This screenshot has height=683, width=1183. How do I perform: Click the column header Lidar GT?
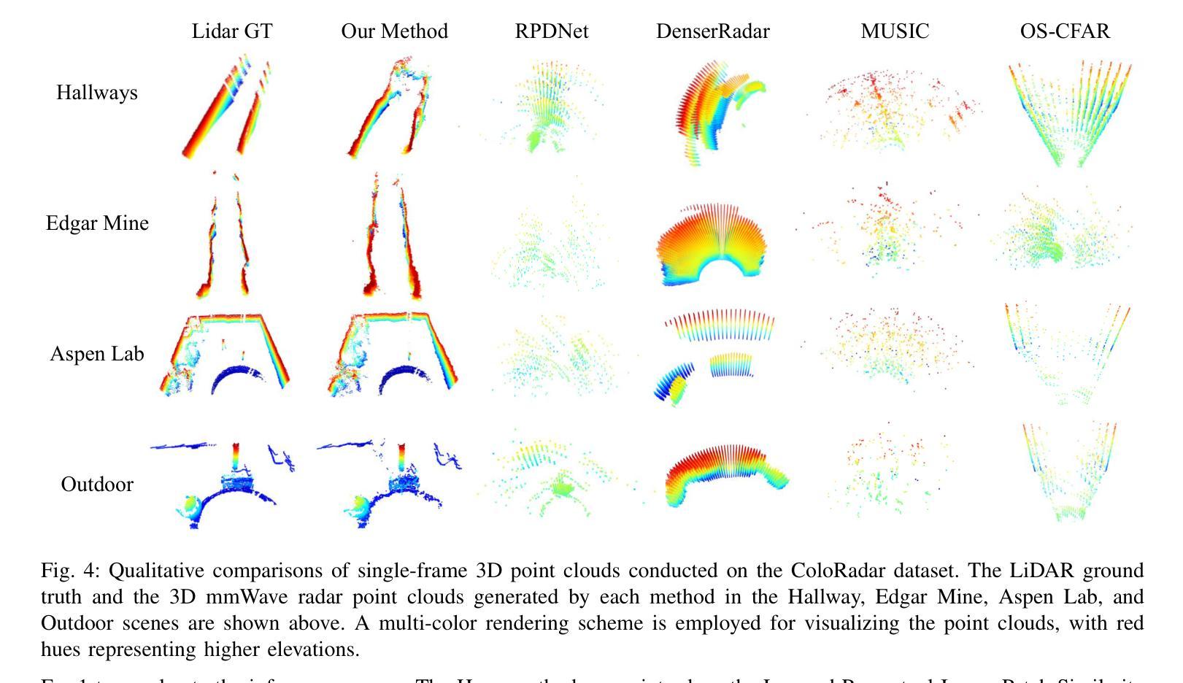tap(232, 31)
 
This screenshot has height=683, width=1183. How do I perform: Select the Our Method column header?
tap(394, 31)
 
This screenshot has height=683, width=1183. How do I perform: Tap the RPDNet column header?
tap(551, 31)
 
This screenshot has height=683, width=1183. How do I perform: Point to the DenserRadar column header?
tap(712, 31)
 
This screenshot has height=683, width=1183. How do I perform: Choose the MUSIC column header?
tap(895, 31)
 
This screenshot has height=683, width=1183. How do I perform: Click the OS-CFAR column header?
tap(1065, 31)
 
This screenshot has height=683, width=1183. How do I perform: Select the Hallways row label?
tap(97, 93)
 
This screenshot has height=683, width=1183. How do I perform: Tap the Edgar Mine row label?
tap(97, 223)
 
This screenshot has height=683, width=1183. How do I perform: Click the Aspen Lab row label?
tap(97, 354)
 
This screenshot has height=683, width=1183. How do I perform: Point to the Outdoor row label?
tap(97, 485)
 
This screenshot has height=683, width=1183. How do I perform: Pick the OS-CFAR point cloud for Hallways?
tap(1069, 113)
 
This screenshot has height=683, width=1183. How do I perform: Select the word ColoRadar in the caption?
tap(836, 571)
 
